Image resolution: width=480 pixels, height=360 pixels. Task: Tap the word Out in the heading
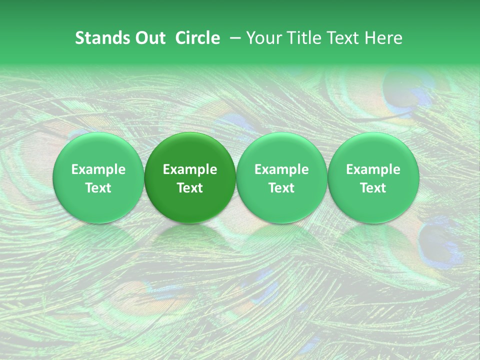tap(149, 38)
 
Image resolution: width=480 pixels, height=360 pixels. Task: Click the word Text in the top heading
tap(342, 38)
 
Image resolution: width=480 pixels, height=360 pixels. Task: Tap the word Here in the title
tap(383, 38)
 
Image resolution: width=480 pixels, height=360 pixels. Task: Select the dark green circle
tap(190, 177)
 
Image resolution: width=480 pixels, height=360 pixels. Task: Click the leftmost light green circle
tap(98, 177)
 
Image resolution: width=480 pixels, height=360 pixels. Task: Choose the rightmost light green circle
tap(373, 177)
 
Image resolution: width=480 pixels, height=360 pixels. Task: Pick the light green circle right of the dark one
tap(281, 177)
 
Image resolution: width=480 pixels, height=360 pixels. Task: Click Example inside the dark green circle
tap(190, 169)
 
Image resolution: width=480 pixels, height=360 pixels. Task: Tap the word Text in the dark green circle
tap(190, 188)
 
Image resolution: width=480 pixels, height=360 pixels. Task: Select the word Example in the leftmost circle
tap(98, 169)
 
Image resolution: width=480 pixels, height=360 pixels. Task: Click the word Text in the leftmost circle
tap(98, 188)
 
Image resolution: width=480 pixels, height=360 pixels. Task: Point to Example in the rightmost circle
tap(373, 169)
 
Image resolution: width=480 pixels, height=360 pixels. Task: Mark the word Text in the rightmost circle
tap(373, 188)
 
